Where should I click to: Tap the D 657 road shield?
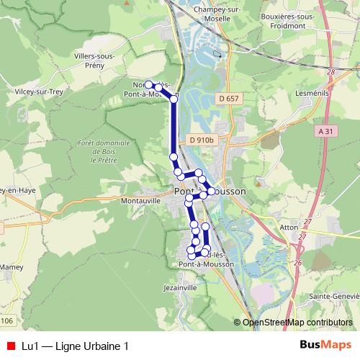(228, 98)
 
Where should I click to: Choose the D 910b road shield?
(203, 140)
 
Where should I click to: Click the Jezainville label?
(180, 287)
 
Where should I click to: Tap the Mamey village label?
(11, 266)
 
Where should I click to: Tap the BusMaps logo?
(322, 346)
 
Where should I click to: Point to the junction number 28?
(331, 73)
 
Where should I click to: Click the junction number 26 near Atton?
(297, 262)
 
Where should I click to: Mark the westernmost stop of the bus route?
(149, 84)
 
